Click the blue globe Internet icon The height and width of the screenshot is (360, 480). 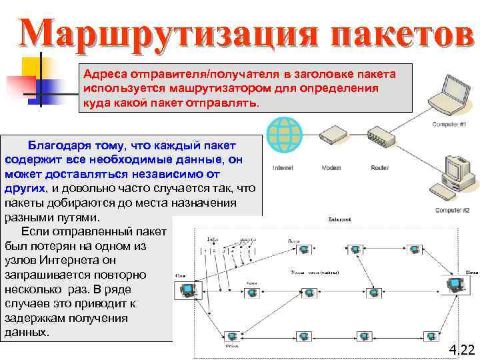click(283, 136)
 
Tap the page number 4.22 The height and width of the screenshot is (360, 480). click(461, 349)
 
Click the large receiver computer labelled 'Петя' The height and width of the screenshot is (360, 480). click(456, 286)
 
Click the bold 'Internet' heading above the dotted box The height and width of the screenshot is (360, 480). click(339, 219)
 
